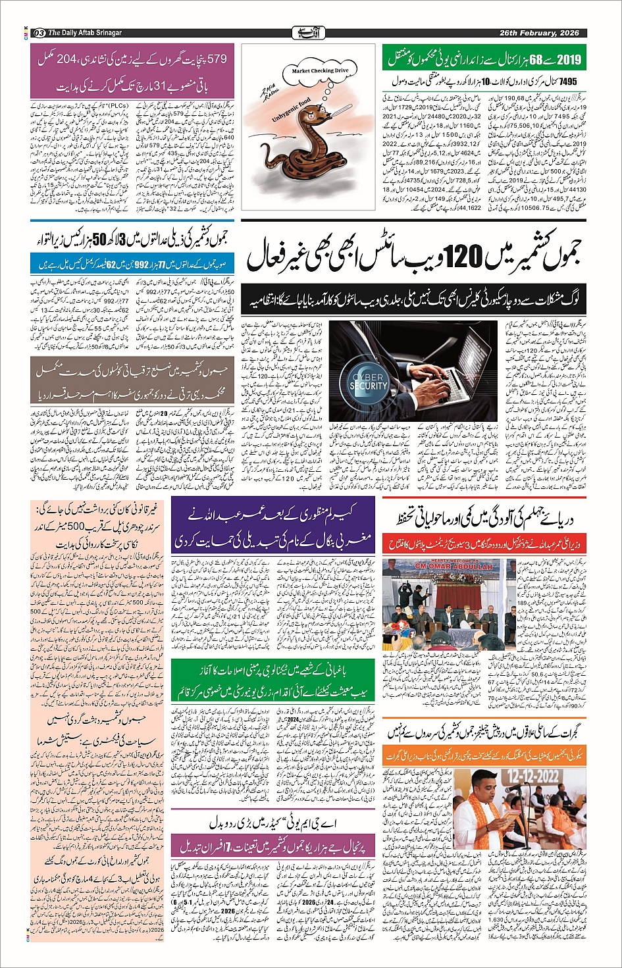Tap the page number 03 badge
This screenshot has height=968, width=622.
click(39, 33)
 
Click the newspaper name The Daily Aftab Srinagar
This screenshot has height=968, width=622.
click(85, 33)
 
